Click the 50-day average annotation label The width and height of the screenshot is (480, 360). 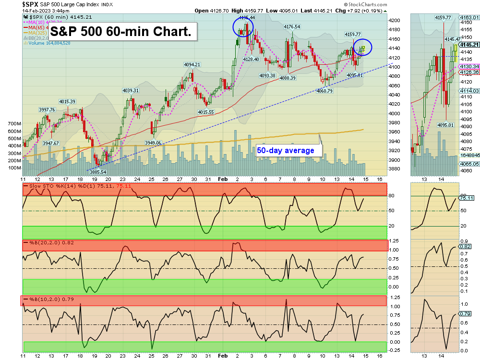285,150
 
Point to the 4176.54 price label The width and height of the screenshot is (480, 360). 292,27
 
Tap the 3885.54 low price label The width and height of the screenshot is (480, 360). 98,172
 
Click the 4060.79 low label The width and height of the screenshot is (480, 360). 324,91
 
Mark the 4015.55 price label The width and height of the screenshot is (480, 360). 206,112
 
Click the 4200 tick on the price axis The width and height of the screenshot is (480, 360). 394,21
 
